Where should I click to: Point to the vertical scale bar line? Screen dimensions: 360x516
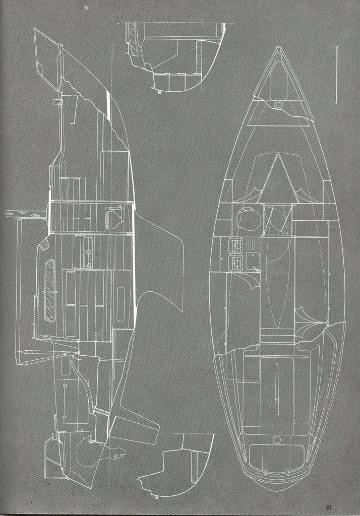337,75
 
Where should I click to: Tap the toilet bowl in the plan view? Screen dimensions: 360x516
248,218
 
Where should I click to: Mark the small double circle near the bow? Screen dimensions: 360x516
279,105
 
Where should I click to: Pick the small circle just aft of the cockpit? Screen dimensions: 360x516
277,439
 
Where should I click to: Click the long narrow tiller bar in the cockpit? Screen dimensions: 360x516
276,389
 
